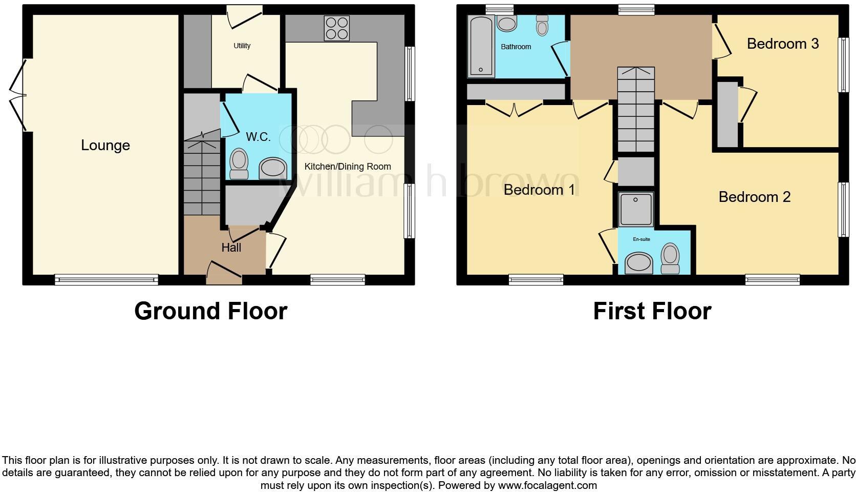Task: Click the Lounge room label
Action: (105, 146)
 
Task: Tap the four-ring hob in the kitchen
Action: (337, 28)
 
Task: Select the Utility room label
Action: (242, 46)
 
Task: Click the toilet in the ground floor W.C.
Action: (239, 163)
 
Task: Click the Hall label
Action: (231, 248)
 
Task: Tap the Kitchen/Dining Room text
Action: (348, 167)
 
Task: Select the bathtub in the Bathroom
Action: (481, 46)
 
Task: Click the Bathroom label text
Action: (516, 47)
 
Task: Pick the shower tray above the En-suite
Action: (636, 209)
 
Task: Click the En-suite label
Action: (641, 239)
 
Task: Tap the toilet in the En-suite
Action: (670, 258)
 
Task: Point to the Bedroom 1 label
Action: (539, 190)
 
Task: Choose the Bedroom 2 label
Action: (755, 197)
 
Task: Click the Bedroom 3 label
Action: (783, 44)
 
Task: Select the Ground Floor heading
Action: (210, 311)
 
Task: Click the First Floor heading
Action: (652, 311)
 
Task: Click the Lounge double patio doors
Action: (17, 95)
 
